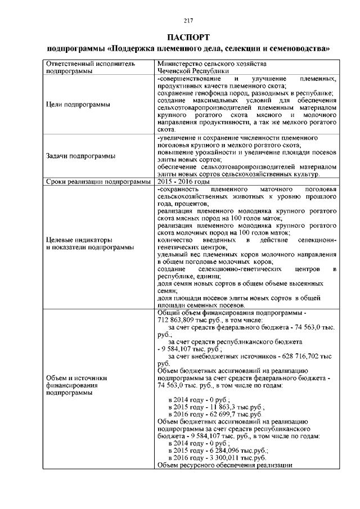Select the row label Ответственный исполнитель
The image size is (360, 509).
coord(91,64)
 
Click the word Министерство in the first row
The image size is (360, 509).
coord(180,64)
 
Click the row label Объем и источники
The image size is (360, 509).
coord(76,378)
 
